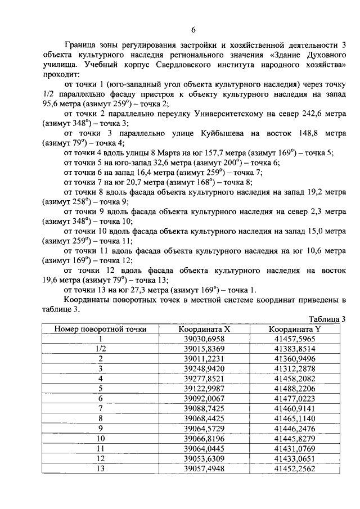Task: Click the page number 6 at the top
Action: tap(193, 30)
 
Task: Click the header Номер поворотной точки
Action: tap(101, 329)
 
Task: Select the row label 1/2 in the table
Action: tap(101, 349)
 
